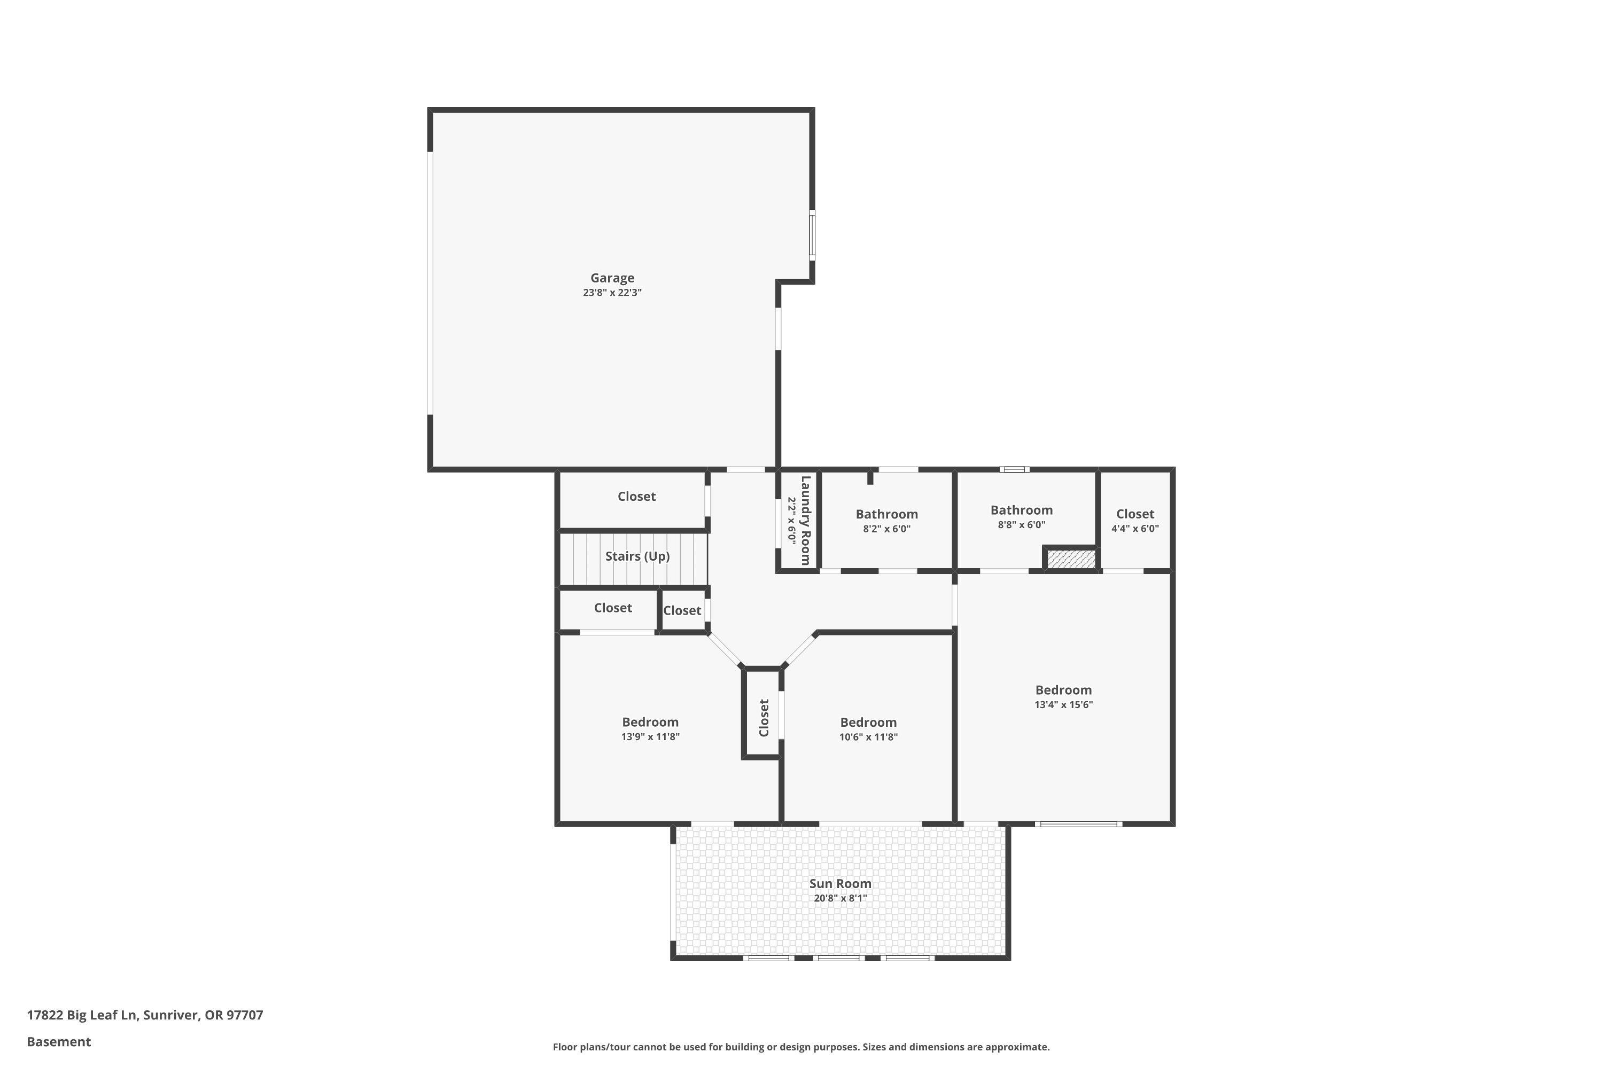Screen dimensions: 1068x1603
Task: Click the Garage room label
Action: pyautogui.click(x=612, y=278)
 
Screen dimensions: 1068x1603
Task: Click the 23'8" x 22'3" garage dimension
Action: pyautogui.click(x=612, y=293)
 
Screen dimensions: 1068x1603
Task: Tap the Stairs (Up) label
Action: pyautogui.click(x=637, y=556)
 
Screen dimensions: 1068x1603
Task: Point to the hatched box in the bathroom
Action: pyautogui.click(x=1071, y=560)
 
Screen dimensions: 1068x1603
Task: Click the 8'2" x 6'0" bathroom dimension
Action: pyautogui.click(x=886, y=529)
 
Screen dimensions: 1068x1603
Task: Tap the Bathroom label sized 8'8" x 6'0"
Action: pyautogui.click(x=1021, y=510)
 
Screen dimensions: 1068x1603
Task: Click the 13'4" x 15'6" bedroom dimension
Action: pyautogui.click(x=1063, y=705)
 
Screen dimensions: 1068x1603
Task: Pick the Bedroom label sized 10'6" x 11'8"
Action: pyautogui.click(x=868, y=722)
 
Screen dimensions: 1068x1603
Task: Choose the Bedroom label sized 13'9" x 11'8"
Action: pyautogui.click(x=650, y=722)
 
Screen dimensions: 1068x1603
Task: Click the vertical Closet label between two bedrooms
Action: pyautogui.click(x=764, y=717)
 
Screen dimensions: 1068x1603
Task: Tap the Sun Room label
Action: pyautogui.click(x=839, y=883)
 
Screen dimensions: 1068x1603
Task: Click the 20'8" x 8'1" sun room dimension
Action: pyautogui.click(x=839, y=898)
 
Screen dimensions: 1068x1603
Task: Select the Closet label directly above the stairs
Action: pyautogui.click(x=636, y=497)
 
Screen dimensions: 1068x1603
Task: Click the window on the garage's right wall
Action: pyautogui.click(x=812, y=235)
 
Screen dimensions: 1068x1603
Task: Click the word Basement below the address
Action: pyautogui.click(x=59, y=1041)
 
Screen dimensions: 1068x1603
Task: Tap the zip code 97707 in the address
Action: pyautogui.click(x=245, y=1015)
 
